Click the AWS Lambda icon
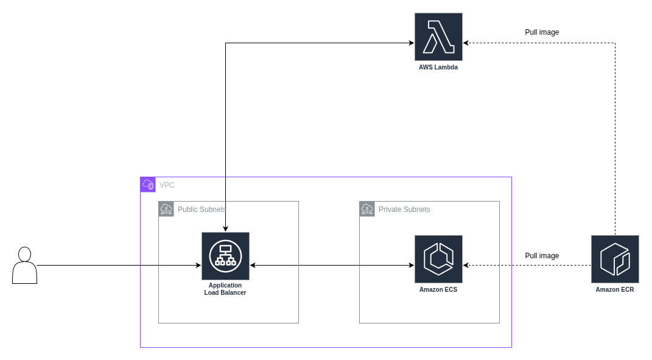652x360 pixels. point(438,37)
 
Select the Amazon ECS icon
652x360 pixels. point(438,259)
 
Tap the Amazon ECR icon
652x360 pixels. point(615,259)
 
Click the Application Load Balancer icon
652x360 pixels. point(225,256)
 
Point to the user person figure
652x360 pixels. point(24,266)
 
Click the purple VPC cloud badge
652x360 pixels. point(148,185)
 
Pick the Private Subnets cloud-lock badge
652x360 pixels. point(367,209)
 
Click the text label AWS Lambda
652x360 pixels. point(438,68)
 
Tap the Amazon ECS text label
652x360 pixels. point(438,290)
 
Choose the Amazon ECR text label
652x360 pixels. point(615,290)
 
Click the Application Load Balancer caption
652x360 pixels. point(225,289)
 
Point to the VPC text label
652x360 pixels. point(167,185)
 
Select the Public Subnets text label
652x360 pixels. point(202,210)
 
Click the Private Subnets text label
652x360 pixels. point(404,210)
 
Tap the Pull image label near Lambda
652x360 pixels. point(542,32)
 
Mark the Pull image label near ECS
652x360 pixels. point(542,256)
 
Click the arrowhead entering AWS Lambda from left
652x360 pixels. point(411,43)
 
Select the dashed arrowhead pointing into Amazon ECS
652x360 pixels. point(466,266)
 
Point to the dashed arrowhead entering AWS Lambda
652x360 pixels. point(466,43)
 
